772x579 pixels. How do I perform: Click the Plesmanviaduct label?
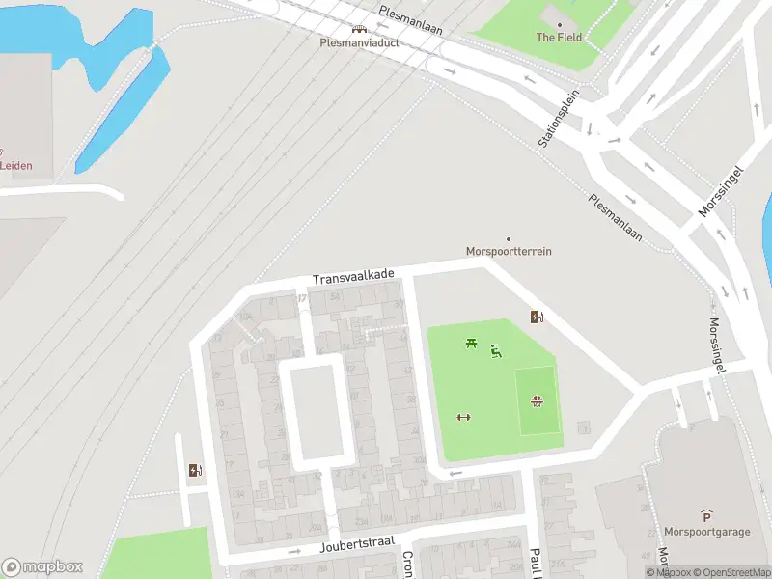tap(359, 43)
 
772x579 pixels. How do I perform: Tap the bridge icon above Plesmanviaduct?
tap(359, 30)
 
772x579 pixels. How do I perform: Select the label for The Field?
tap(559, 38)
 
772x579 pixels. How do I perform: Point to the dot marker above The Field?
tap(559, 24)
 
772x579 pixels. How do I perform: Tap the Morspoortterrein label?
tap(509, 252)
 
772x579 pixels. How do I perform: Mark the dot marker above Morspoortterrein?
tap(509, 238)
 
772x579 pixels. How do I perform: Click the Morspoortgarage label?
tap(706, 532)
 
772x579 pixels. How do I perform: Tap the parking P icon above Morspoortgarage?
tap(706, 516)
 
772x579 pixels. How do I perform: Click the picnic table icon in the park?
tap(471, 343)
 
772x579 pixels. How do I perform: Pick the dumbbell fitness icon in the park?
tap(463, 417)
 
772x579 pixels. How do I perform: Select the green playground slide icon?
tap(496, 351)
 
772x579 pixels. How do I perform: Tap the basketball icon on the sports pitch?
tap(537, 401)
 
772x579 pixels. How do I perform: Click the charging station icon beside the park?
tap(537, 317)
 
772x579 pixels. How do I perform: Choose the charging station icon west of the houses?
tap(196, 471)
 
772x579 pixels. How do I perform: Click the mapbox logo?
tap(42, 567)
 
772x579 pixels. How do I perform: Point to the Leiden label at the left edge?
tap(15, 166)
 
